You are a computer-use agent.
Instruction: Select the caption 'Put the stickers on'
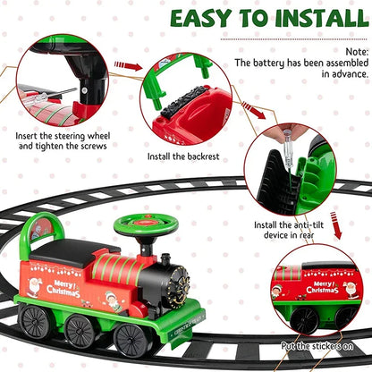[317, 347]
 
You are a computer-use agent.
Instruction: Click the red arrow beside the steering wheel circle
[129, 65]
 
